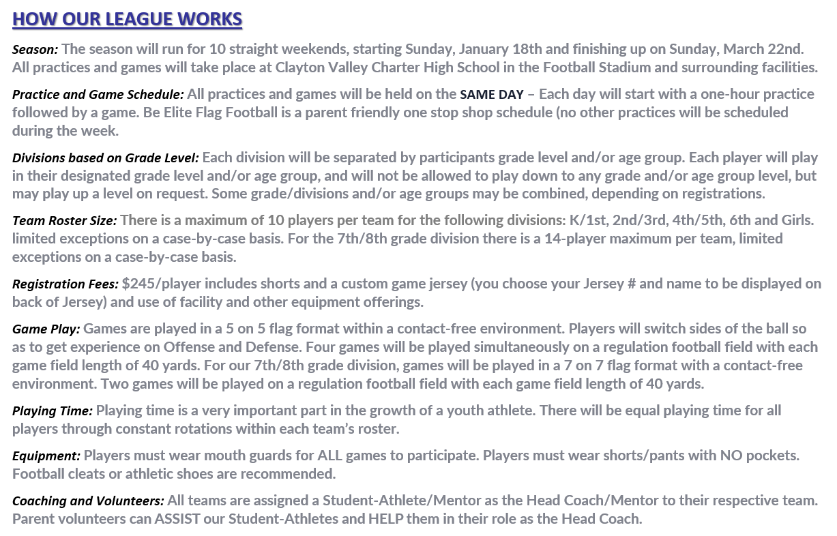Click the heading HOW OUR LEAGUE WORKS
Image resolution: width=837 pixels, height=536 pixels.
(127, 19)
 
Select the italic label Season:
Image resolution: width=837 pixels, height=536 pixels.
(35, 50)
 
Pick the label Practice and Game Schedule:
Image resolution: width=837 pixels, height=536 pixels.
(98, 94)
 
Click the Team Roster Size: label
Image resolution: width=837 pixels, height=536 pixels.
(65, 221)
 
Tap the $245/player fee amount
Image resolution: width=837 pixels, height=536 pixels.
(161, 284)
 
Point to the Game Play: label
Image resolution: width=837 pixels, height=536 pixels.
(46, 329)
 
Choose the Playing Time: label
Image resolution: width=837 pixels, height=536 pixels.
(53, 411)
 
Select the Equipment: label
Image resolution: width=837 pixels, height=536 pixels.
(46, 456)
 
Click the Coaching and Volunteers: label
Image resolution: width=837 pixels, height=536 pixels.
(88, 501)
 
